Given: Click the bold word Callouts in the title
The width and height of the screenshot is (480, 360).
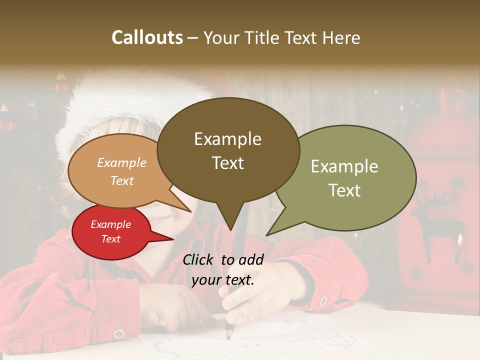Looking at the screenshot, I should click(x=147, y=37).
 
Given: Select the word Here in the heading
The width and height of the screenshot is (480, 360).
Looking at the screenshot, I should click(x=340, y=37).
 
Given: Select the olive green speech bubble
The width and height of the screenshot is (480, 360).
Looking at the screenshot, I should click(x=345, y=177).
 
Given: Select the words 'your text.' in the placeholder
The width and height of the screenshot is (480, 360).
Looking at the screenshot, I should click(x=223, y=280).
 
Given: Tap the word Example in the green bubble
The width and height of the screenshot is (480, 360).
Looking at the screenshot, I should click(x=344, y=166).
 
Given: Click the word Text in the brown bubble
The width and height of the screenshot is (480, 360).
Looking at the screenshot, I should click(x=228, y=163).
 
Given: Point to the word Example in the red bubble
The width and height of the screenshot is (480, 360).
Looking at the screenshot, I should click(x=110, y=224).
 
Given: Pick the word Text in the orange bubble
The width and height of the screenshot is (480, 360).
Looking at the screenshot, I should click(x=122, y=180).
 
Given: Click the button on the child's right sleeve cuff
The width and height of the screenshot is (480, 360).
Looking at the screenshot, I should click(x=323, y=301).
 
